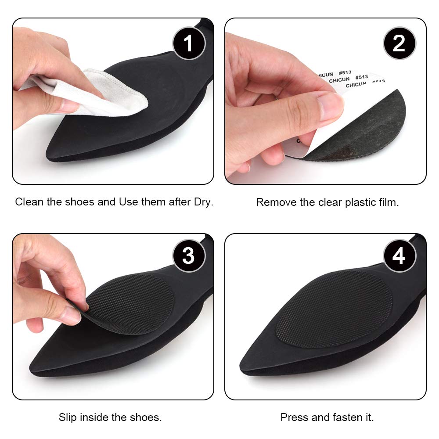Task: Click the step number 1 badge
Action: [x=188, y=43]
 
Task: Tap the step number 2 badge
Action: [x=399, y=43]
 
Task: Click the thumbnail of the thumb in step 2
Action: [x=332, y=104]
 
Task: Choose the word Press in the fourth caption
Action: [x=293, y=417]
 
